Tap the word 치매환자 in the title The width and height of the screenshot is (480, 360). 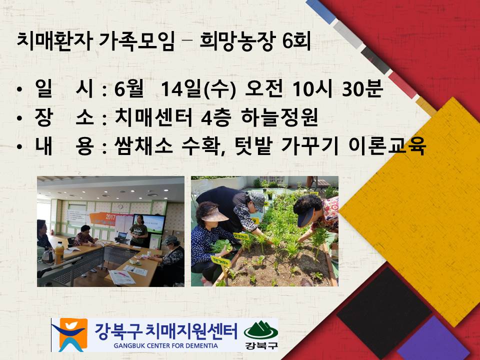pos(54,41)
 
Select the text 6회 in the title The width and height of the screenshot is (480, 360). pos(296,41)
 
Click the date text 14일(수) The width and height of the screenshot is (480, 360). pos(198,89)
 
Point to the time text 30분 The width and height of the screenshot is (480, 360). pos(362,88)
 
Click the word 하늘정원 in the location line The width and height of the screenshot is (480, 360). pos(279,117)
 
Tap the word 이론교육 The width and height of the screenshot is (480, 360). pos(387,145)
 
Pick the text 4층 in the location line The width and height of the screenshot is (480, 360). pos(216,117)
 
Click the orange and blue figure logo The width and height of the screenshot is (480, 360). pos(69,334)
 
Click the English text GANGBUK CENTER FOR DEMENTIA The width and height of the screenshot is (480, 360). pos(165,346)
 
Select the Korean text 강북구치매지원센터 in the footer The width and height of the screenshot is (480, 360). pos(165,331)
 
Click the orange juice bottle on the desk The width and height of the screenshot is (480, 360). pos(59,253)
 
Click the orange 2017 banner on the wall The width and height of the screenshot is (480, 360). pos(103,219)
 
